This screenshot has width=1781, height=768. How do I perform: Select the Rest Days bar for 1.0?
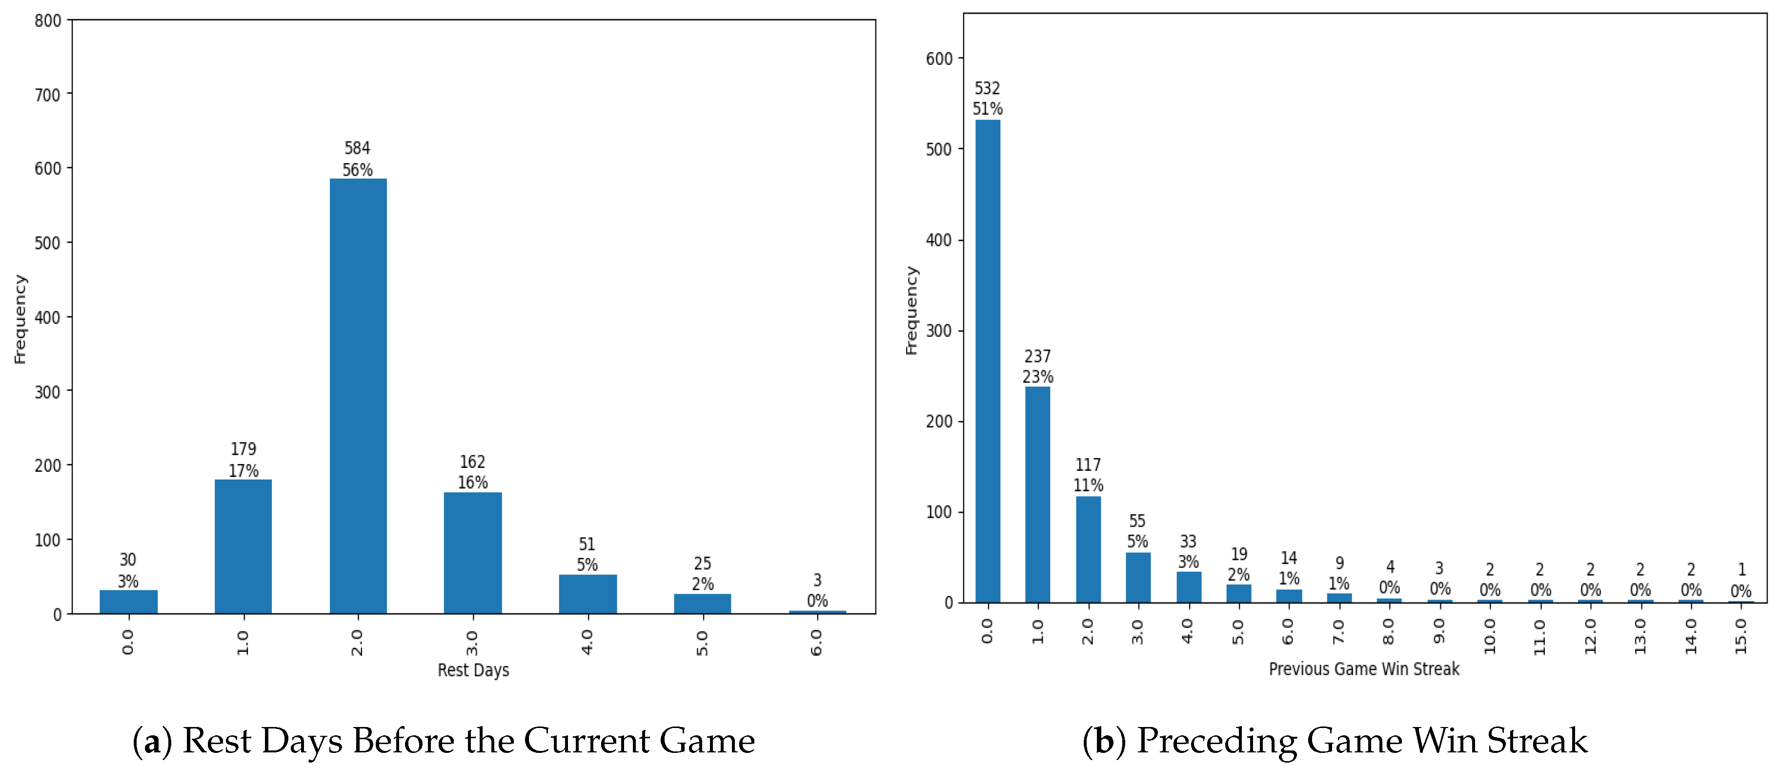pyautogui.click(x=243, y=546)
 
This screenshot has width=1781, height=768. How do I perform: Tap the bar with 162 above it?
pyautogui.click(x=472, y=552)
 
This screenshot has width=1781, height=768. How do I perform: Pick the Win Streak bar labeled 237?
pyautogui.click(x=1037, y=494)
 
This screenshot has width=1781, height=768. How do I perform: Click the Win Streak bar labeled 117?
pyautogui.click(x=1088, y=549)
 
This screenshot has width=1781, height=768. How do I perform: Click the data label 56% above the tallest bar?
pyautogui.click(x=358, y=169)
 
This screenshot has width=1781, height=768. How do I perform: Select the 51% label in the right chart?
pyautogui.click(x=987, y=108)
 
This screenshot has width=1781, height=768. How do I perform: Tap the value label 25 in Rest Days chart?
pyautogui.click(x=703, y=564)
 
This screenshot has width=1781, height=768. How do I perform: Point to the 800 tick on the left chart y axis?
pyautogui.click(x=48, y=21)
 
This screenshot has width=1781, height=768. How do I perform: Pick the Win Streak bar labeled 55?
pyautogui.click(x=1137, y=577)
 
